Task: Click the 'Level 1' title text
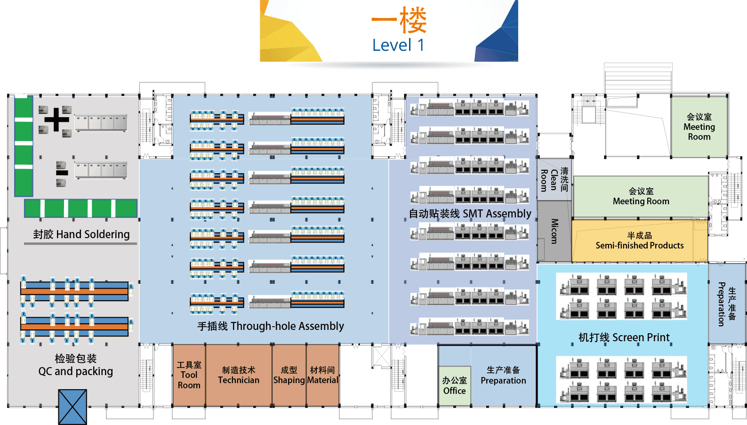point(398,46)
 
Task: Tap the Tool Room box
point(189,375)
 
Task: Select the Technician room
point(239,375)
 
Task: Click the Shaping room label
point(289,376)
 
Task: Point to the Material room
point(322,376)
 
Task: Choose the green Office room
point(454,386)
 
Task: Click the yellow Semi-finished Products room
point(639,241)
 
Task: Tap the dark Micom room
point(554,231)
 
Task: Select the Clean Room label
point(554,180)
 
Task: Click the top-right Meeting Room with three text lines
point(699,127)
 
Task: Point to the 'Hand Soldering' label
point(81,234)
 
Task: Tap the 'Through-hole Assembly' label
point(271,326)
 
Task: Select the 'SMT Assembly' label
point(470,214)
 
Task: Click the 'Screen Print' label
point(624,337)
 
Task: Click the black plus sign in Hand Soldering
point(56,119)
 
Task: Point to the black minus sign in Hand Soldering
point(62,173)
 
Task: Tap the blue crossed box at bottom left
point(72,407)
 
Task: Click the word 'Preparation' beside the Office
point(503,380)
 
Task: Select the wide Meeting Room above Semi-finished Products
point(641,196)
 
